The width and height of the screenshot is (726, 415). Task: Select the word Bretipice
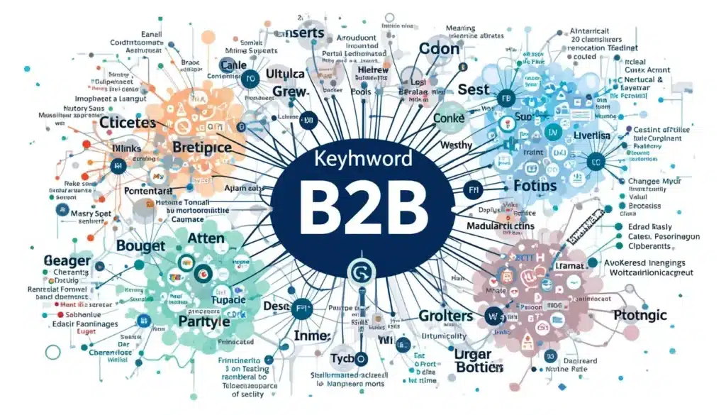point(203,147)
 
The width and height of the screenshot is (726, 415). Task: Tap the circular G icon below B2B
point(358,271)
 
